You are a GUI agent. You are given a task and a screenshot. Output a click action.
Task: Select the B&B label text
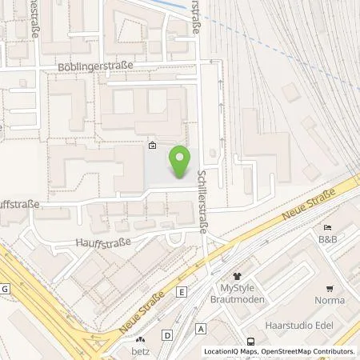(327, 239)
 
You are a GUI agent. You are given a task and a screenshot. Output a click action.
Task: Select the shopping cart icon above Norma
(329, 288)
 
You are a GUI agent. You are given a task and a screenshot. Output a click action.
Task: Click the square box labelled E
(182, 292)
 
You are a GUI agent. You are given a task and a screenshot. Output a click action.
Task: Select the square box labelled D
(166, 334)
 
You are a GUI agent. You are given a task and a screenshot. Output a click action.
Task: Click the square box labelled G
(5, 288)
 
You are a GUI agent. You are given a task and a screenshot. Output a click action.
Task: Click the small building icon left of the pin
(152, 146)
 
